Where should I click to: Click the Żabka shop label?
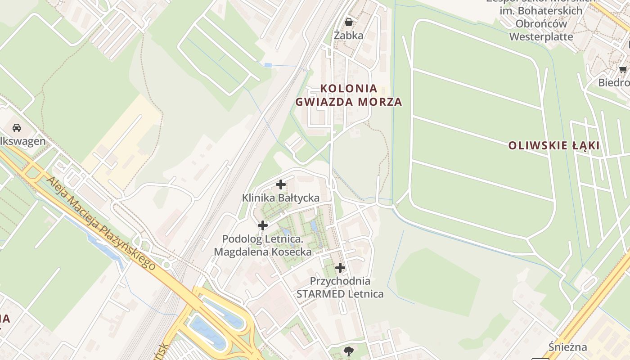click(x=348, y=35)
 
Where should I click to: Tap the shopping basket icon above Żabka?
click(x=348, y=22)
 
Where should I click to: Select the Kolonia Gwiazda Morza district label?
click(x=348, y=94)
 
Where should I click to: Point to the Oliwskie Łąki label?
click(x=553, y=146)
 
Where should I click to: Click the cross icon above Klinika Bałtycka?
click(x=281, y=184)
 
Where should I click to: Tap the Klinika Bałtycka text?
click(x=281, y=198)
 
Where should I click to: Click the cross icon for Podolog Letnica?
click(x=263, y=225)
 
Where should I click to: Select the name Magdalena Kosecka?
click(x=263, y=252)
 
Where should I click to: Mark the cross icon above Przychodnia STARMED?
click(x=340, y=268)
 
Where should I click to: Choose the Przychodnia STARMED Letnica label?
click(x=340, y=288)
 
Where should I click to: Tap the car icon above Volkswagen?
click(x=17, y=127)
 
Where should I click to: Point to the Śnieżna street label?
click(x=568, y=347)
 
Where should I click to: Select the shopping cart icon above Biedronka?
click(x=623, y=69)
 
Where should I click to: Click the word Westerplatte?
click(x=541, y=36)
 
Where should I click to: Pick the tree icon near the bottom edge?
click(x=348, y=351)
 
